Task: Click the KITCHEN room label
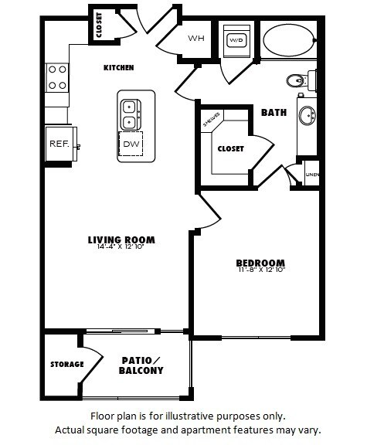tap(119, 68)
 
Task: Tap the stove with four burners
tap(57, 77)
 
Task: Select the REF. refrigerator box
tap(59, 144)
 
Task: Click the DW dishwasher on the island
tap(130, 144)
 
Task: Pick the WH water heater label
tap(195, 38)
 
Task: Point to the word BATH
tap(274, 113)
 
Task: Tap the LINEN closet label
tap(312, 175)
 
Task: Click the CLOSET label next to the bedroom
tap(230, 148)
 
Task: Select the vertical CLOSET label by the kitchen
tap(100, 25)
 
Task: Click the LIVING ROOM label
tap(121, 239)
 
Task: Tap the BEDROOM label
tap(260, 263)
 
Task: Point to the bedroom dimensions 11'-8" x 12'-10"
tap(260, 270)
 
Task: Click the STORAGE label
tap(67, 364)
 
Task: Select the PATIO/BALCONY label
tap(141, 365)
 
